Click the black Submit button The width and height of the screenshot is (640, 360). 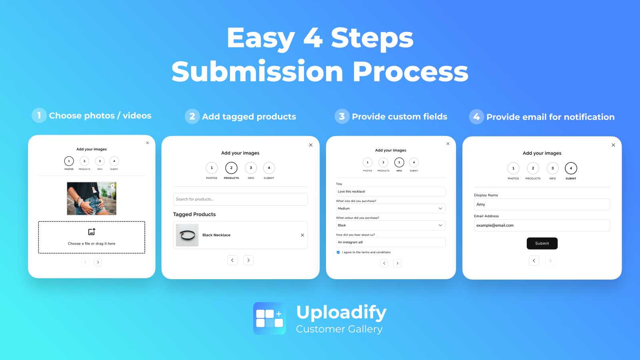542,243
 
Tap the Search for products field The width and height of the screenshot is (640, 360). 240,199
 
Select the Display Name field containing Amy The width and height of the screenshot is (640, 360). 542,204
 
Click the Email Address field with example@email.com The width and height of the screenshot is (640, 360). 542,225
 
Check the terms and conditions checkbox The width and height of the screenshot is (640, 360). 338,252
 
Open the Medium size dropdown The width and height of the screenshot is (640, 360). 390,208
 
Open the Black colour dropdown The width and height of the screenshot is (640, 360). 390,225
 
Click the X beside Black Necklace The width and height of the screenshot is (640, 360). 302,235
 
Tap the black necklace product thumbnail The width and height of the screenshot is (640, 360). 187,235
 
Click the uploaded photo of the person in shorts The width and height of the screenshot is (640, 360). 92,198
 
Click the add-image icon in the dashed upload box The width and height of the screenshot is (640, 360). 92,232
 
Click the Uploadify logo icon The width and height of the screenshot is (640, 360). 270,318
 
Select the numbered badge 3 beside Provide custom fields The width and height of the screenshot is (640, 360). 342,116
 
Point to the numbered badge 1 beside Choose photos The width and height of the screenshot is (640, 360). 39,116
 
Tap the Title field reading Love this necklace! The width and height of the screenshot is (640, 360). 390,192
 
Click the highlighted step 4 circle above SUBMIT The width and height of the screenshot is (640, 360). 571,168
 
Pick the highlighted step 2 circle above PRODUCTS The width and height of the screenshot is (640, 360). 231,168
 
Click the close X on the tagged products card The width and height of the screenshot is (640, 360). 311,145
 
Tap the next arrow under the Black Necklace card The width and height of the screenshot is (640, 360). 248,260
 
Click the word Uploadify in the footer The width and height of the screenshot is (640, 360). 341,312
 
